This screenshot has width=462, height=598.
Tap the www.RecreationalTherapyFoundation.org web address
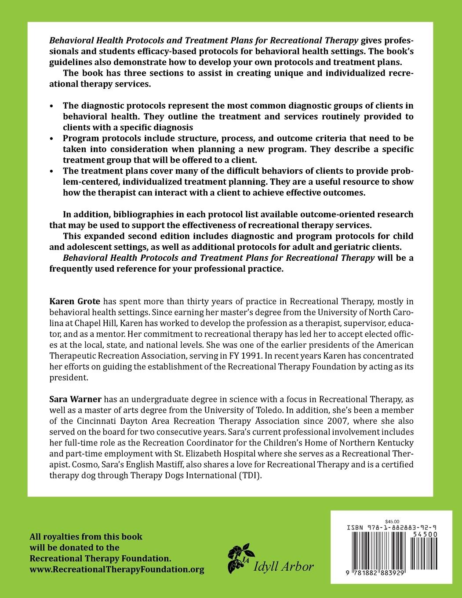click(116, 569)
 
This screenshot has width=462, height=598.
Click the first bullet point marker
click(52, 106)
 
